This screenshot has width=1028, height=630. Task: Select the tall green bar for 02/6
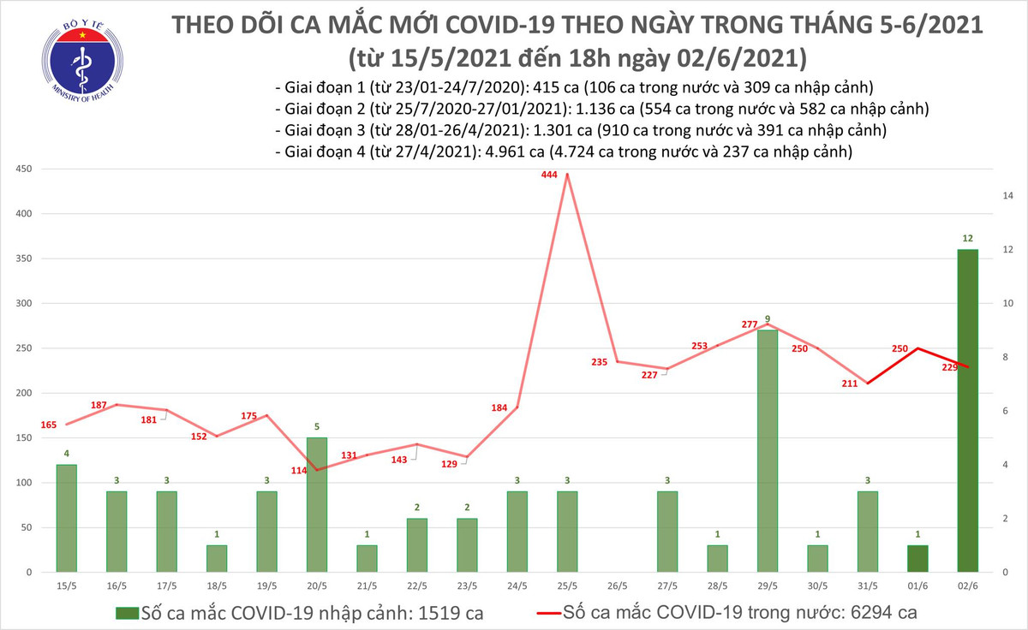point(967,411)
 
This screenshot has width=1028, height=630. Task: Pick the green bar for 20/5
point(316,505)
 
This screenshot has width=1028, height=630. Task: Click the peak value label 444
point(549,175)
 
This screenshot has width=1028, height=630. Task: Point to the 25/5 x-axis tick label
point(566,587)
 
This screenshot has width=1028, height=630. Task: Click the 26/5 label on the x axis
point(617,587)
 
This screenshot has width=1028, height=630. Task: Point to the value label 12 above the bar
point(967,239)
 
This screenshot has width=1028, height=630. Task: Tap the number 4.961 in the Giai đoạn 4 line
point(511,152)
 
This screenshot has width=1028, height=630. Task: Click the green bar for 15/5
point(65,519)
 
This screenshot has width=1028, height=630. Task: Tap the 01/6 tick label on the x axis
point(917,587)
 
